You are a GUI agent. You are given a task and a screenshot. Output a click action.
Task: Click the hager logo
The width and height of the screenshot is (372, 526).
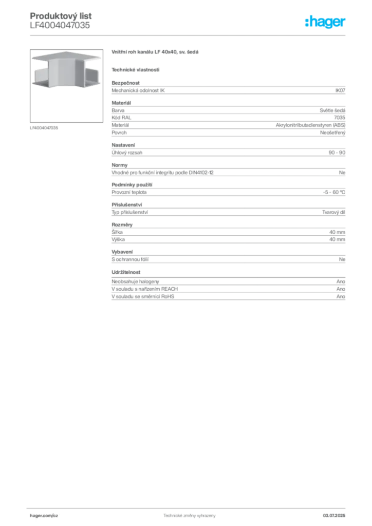pyautogui.click(x=325, y=22)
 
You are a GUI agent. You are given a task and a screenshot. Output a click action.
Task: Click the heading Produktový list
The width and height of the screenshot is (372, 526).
pyautogui.click(x=61, y=16)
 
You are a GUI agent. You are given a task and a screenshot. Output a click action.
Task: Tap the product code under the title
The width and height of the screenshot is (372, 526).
pyautogui.click(x=60, y=25)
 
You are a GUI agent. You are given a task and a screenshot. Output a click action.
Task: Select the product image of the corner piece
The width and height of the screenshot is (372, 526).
pyautogui.click(x=66, y=86)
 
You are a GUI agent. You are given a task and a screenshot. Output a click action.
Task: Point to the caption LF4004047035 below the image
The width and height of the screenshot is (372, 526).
pyautogui.click(x=44, y=128)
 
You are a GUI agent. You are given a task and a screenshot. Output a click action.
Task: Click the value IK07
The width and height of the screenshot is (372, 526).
pyautogui.click(x=340, y=90)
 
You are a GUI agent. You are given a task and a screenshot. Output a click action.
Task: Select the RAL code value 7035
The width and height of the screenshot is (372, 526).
pyautogui.click(x=340, y=118)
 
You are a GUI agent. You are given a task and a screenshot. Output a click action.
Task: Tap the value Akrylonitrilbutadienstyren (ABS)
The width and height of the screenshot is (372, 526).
pyautogui.click(x=311, y=125)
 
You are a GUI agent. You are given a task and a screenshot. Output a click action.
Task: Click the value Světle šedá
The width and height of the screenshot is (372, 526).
pyautogui.click(x=332, y=110)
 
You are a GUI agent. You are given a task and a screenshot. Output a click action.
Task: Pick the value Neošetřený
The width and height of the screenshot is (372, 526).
pyautogui.click(x=333, y=133)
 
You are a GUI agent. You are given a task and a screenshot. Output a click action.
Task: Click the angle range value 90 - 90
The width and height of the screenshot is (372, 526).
pyautogui.click(x=337, y=153)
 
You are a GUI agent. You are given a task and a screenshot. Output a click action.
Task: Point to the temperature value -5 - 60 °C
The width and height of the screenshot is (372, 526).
pyautogui.click(x=334, y=192)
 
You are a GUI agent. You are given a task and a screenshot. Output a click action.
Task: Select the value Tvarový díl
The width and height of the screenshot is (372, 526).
pyautogui.click(x=334, y=212)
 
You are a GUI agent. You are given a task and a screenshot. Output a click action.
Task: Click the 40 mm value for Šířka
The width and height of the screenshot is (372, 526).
pyautogui.click(x=337, y=232)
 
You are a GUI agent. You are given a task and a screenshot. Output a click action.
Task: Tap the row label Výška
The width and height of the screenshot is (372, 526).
pyautogui.click(x=118, y=239)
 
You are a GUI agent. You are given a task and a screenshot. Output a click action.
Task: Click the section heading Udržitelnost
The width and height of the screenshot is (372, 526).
pyautogui.click(x=126, y=272)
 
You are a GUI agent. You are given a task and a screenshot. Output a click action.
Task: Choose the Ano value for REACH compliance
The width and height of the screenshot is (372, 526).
pyautogui.click(x=341, y=289)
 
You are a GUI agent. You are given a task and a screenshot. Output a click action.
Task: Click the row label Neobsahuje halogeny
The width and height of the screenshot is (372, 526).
pyautogui.click(x=135, y=282)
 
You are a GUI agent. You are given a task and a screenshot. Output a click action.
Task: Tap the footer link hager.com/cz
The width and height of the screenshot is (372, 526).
pyautogui.click(x=44, y=516)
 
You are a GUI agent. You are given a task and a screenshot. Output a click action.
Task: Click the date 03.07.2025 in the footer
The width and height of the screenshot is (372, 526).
pyautogui.click(x=334, y=516)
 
